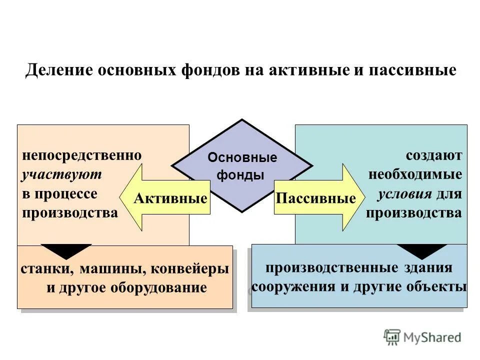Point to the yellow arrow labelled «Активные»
(165, 198)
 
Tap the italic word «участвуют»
(61, 174)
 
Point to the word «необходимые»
(415, 174)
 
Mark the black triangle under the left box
(66, 250)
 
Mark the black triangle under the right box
(421, 250)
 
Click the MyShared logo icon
(392, 337)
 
